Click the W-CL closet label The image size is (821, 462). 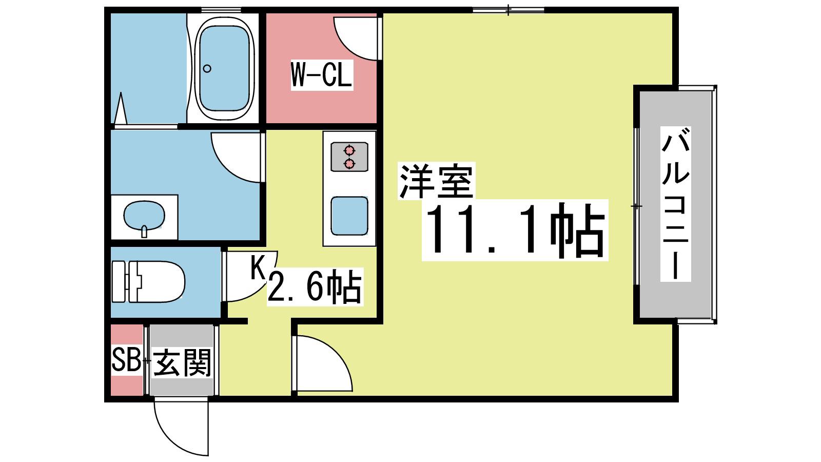(x=321, y=75)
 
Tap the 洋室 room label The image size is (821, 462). (x=437, y=181)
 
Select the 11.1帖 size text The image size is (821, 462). (x=515, y=230)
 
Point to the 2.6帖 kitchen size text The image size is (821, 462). (x=315, y=286)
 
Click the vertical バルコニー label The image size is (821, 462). (x=675, y=204)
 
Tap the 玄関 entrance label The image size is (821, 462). (x=182, y=363)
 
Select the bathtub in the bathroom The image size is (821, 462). (x=224, y=68)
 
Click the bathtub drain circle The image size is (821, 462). (x=207, y=69)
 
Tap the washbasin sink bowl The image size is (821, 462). (x=144, y=216)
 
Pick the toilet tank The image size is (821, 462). (x=120, y=282)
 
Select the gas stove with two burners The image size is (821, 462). (x=349, y=157)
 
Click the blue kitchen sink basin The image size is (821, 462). (x=349, y=216)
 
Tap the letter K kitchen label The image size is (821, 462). (x=259, y=267)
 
